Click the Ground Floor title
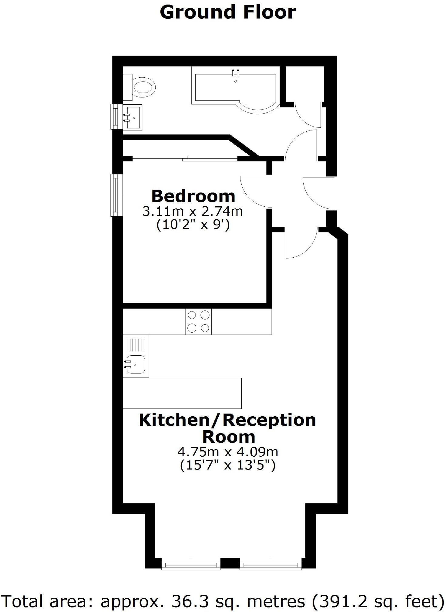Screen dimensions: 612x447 click(228, 12)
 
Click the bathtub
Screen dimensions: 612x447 click(235, 89)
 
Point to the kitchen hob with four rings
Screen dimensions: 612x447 click(198, 322)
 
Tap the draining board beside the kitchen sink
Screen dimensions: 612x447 click(136, 345)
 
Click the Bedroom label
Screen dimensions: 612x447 click(193, 196)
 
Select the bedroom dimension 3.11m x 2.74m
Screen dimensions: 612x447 click(193, 211)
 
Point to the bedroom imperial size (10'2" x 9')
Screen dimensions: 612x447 click(193, 225)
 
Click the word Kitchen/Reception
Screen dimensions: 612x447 click(227, 420)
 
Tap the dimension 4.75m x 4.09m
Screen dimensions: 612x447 click(228, 452)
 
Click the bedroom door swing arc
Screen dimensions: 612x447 click(253, 192)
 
